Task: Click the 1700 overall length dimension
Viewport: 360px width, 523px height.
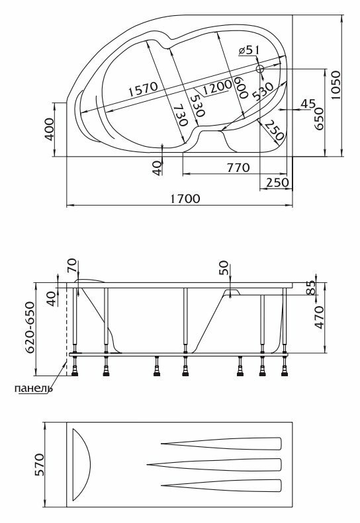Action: (x=185, y=199)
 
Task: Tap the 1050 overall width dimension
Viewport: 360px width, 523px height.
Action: (x=336, y=85)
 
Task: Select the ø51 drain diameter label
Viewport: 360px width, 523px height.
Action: (x=249, y=50)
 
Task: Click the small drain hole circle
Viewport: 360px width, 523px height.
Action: (x=259, y=69)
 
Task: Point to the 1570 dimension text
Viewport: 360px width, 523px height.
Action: (x=143, y=89)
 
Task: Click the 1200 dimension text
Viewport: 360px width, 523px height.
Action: (x=217, y=87)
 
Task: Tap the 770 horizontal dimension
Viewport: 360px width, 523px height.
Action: (x=238, y=167)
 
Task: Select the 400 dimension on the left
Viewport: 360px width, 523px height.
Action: (x=49, y=130)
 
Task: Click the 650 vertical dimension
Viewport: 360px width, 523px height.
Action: (x=319, y=119)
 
